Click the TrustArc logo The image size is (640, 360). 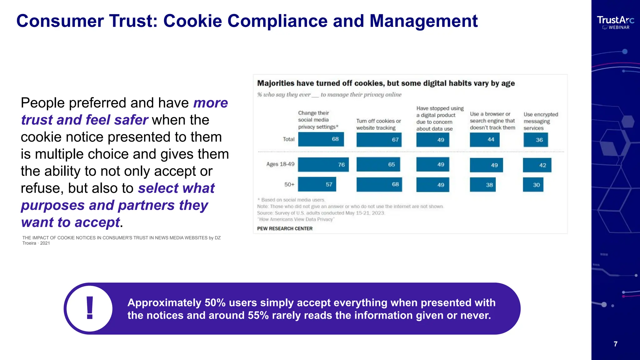(615, 22)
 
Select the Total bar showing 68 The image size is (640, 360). (321, 139)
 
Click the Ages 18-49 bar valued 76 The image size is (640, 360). (323, 165)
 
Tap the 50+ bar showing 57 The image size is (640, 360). (317, 184)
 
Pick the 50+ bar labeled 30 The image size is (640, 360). (533, 185)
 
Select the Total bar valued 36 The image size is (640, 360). (536, 140)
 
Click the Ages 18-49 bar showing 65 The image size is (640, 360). (378, 165)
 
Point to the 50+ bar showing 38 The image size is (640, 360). (482, 185)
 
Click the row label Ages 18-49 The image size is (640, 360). (280, 164)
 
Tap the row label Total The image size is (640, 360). (288, 139)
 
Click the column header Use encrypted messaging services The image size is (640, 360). (541, 121)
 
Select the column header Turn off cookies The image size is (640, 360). (378, 124)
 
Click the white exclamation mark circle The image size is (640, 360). (90, 309)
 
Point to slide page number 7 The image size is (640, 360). (615, 344)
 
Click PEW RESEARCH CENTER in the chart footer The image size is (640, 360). (285, 228)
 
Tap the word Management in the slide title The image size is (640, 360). (423, 21)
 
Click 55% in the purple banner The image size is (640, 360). (258, 316)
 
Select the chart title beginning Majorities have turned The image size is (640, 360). (386, 83)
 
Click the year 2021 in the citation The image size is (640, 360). (45, 243)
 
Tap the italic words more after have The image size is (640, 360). (211, 103)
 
